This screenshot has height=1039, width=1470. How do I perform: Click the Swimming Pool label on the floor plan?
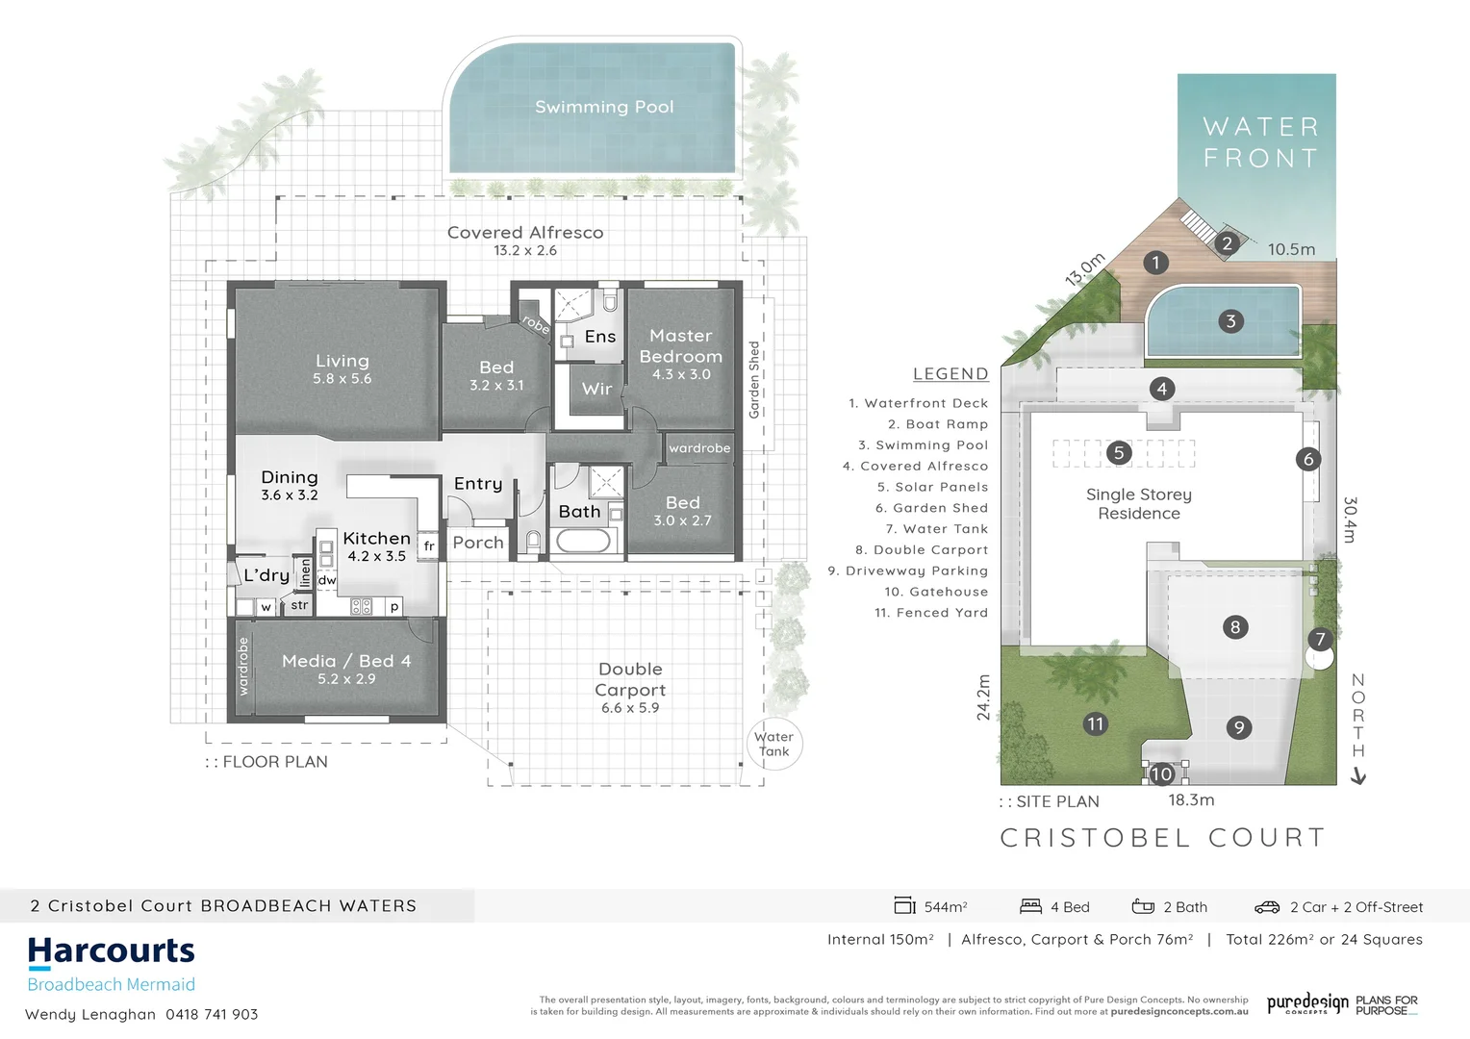[604, 107]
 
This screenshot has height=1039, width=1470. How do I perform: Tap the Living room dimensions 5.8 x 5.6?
[342, 379]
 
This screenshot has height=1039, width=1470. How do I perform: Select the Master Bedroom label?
[680, 345]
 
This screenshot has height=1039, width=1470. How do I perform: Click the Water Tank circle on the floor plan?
[773, 744]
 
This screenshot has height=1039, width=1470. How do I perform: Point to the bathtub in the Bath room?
[584, 541]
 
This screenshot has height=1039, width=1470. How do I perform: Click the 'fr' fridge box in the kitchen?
[429, 545]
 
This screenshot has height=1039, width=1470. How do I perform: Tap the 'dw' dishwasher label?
[327, 580]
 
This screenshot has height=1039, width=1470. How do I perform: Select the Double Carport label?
[630, 679]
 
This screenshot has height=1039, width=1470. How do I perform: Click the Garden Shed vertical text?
[754, 379]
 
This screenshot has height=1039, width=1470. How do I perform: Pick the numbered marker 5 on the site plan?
[1118, 452]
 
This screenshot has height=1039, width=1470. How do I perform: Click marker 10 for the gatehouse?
[1161, 773]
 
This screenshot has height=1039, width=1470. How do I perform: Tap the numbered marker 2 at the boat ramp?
[1227, 243]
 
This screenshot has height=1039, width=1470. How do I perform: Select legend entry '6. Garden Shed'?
[931, 508]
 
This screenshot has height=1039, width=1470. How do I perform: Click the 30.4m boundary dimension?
[1350, 519]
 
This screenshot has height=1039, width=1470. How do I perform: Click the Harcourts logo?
[112, 952]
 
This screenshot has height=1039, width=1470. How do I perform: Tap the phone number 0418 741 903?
[212, 1014]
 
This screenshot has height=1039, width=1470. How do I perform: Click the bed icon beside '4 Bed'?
[1030, 906]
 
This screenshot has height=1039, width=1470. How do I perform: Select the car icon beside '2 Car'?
[1266, 907]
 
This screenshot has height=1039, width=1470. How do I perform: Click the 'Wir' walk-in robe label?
[596, 389]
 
